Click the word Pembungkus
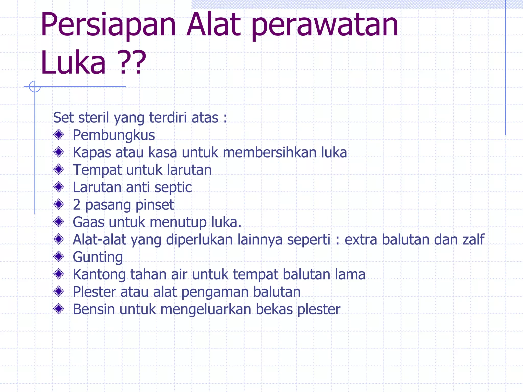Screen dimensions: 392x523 (x=114, y=135)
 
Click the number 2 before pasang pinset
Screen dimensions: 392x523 (x=77, y=205)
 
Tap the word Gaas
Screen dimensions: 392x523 (x=88, y=222)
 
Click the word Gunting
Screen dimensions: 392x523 (x=98, y=257)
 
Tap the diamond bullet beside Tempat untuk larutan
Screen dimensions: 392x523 (x=59, y=169)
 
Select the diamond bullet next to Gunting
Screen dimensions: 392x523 (x=59, y=256)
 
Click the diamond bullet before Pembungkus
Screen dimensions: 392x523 (x=59, y=134)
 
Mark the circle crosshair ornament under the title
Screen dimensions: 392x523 (x=35, y=87)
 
